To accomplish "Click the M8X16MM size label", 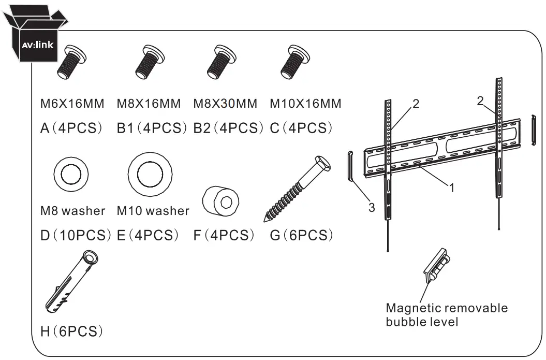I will click(149, 104).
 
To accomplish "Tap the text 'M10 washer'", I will click(153, 211).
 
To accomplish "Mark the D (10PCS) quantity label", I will click(76, 235).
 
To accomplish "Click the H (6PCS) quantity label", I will click(70, 330).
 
